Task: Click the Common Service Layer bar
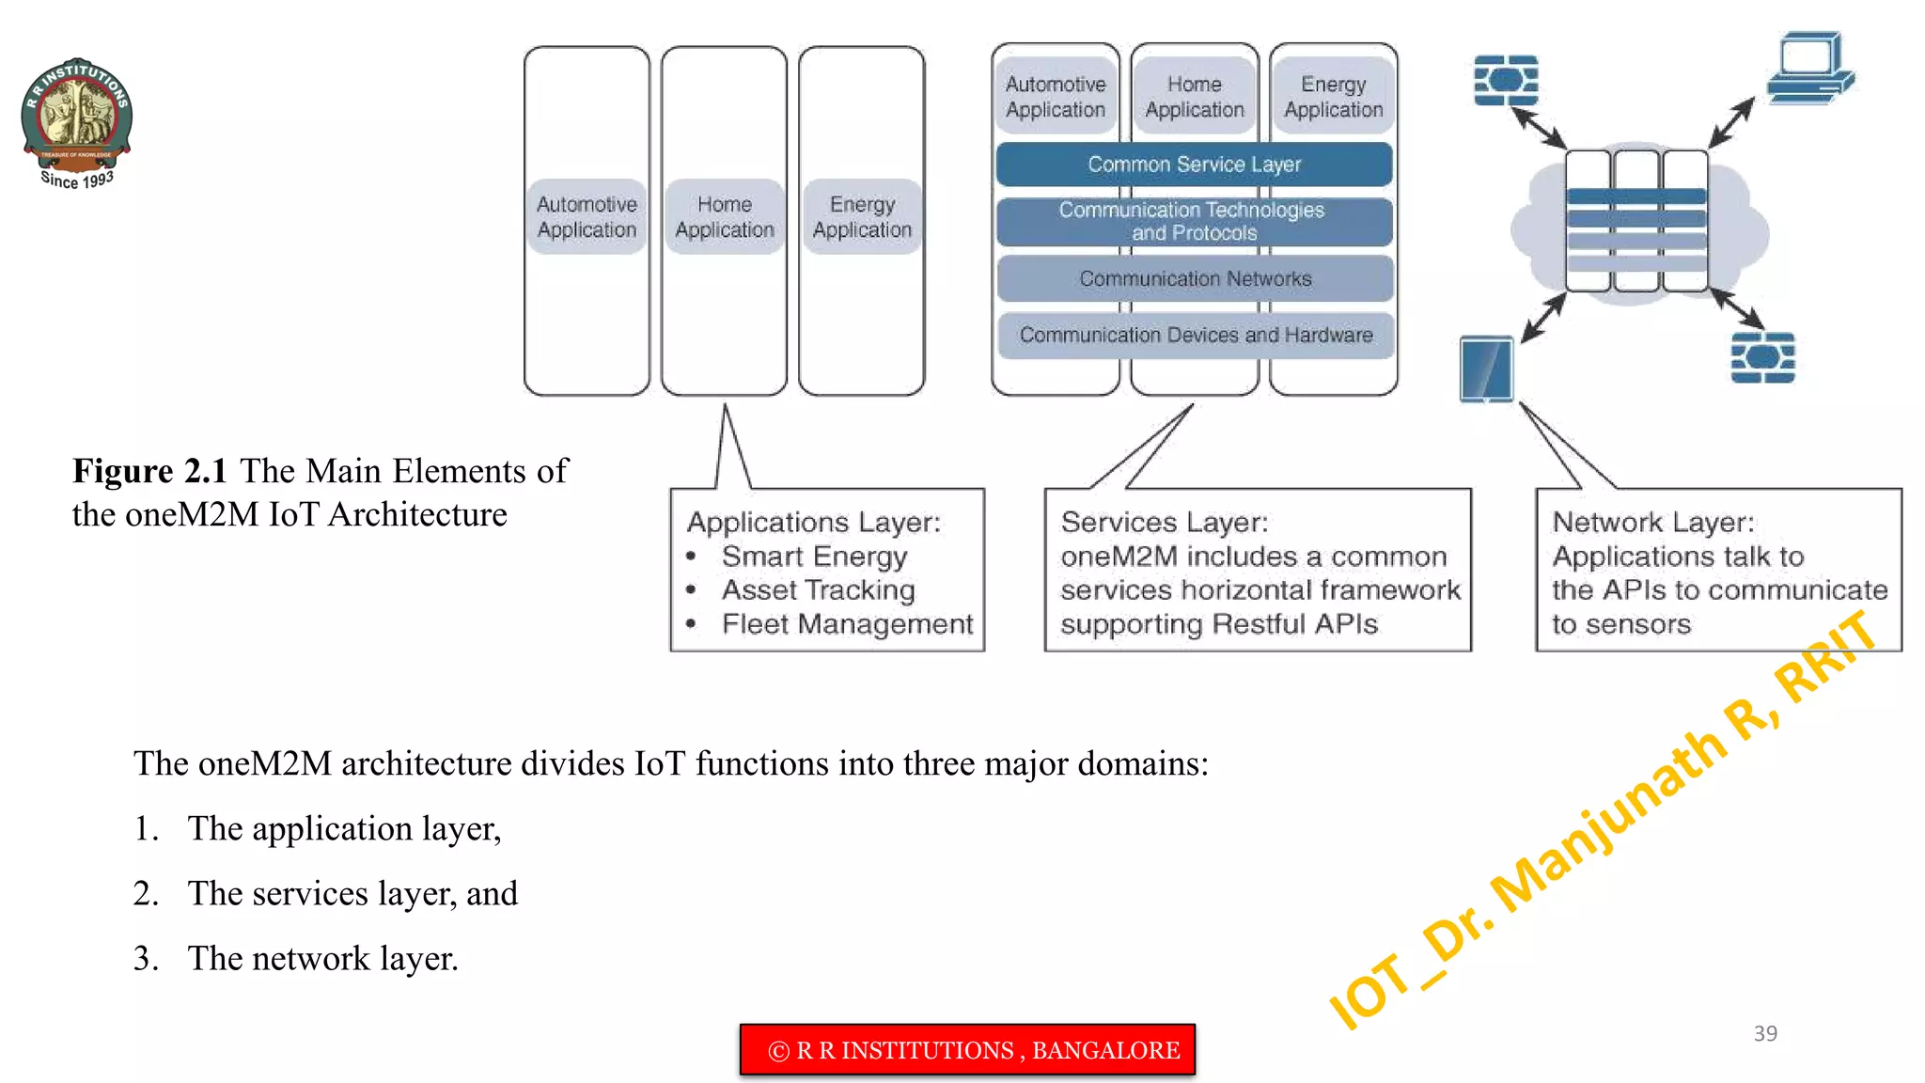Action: tap(1194, 165)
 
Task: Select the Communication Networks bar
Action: tap(1194, 279)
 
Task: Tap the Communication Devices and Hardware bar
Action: tap(1195, 336)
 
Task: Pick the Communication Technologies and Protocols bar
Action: tap(1193, 222)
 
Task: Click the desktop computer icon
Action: tap(1809, 68)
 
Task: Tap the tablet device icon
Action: tap(1486, 369)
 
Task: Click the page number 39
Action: tap(1764, 1033)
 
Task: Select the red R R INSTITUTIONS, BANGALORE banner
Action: tap(967, 1050)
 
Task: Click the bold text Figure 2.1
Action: tap(149, 471)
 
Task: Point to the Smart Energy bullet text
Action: tap(814, 557)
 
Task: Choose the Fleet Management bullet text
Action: tap(847, 624)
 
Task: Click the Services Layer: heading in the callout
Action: tap(1164, 523)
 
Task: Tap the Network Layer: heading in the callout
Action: tap(1652, 523)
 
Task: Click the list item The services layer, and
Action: tap(352, 893)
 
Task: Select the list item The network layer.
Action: tap(322, 958)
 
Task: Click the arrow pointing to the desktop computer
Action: tap(1730, 122)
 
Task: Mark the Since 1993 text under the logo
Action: tap(77, 180)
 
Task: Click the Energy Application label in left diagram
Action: tap(862, 217)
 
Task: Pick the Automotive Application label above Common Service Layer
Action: tap(1055, 98)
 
